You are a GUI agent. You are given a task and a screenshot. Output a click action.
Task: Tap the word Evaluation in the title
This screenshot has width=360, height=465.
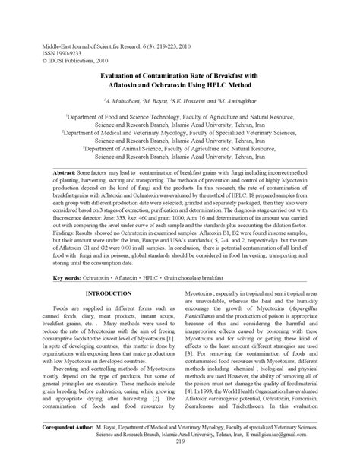[x=121, y=76]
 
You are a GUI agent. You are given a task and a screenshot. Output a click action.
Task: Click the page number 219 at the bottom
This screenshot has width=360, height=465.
[x=180, y=442]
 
